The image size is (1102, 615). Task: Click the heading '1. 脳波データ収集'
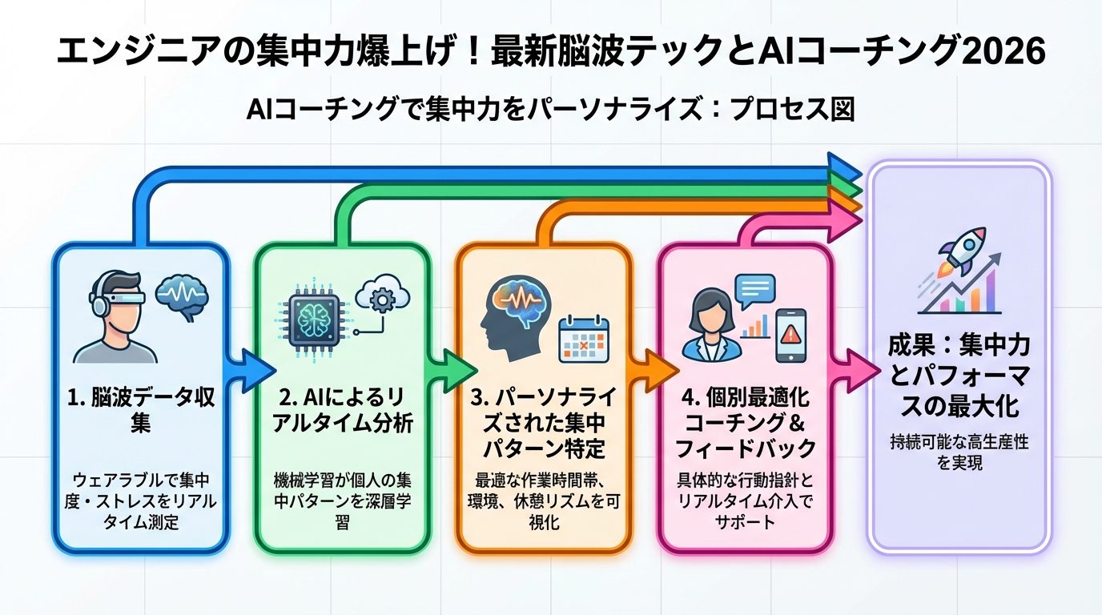tap(141, 409)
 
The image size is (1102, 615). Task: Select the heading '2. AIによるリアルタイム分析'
tap(343, 409)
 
